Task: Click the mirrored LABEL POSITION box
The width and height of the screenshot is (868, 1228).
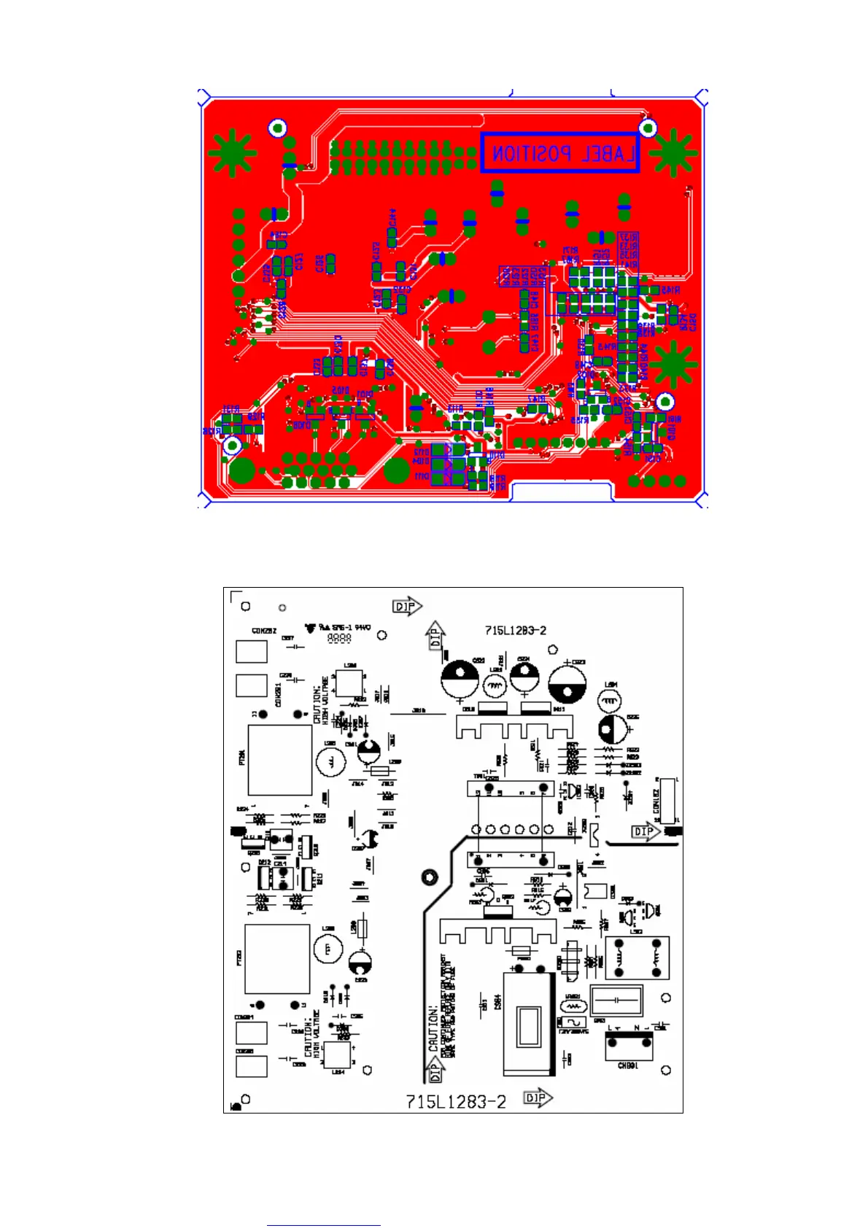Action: coord(559,153)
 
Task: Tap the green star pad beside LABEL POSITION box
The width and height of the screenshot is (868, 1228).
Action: coord(673,153)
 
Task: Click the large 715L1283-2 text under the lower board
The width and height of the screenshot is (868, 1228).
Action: coord(455,1101)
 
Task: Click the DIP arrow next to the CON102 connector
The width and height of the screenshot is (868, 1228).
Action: coord(645,831)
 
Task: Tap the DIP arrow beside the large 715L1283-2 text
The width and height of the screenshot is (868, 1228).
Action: coord(538,1098)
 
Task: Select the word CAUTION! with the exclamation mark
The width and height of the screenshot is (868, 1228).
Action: coord(434,1029)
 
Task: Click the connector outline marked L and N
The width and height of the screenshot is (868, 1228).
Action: coord(627,1046)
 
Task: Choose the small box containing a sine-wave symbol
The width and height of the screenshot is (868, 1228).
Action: coord(573,1022)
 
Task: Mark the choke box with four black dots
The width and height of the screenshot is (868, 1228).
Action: coord(637,957)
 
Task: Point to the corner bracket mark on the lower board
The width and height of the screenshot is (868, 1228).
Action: coord(235,596)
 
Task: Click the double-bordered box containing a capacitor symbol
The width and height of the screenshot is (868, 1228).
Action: coord(616,1000)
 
